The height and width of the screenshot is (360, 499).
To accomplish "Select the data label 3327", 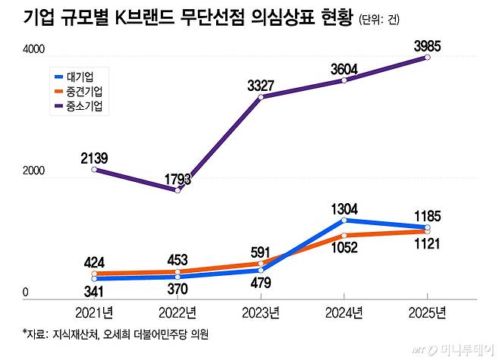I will [x=261, y=85].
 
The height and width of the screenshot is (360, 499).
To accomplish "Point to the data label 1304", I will [x=344, y=208].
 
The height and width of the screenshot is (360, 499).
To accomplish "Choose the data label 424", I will [x=94, y=261].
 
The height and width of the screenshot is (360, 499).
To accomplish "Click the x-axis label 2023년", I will [x=262, y=312].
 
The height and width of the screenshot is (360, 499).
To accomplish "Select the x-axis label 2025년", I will [x=428, y=312].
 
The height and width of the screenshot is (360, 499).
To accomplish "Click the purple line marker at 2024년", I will [x=344, y=80].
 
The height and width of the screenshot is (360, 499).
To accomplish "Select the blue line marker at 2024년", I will [x=344, y=220].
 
